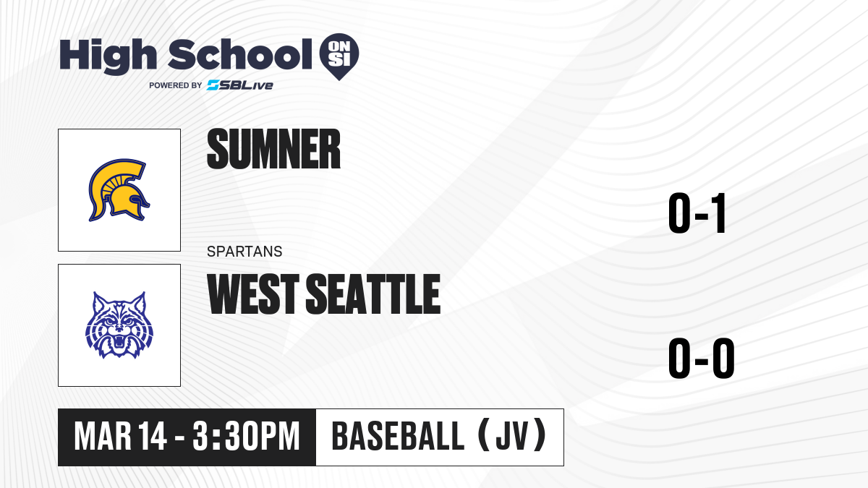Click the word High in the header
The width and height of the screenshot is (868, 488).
tap(108, 56)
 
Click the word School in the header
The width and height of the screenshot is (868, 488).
tap(240, 55)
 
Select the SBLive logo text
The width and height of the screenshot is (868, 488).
tap(240, 85)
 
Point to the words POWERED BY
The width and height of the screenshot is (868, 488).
tap(176, 85)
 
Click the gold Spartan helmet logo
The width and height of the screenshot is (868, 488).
tap(119, 190)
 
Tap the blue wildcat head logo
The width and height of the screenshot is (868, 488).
tap(119, 325)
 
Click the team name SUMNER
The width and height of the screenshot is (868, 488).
tap(273, 149)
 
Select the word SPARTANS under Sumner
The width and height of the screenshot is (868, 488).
tap(244, 252)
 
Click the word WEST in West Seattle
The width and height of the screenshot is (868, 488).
tap(253, 294)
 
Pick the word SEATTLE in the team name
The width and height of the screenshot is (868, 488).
tap(373, 294)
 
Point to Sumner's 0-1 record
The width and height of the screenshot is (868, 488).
tap(697, 213)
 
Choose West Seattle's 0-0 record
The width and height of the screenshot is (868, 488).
tap(702, 359)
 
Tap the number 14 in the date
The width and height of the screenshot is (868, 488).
tap(153, 437)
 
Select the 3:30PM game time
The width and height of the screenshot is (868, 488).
tap(246, 437)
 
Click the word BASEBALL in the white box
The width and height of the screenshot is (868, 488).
tap(398, 436)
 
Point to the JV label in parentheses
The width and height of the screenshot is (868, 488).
tap(512, 436)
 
